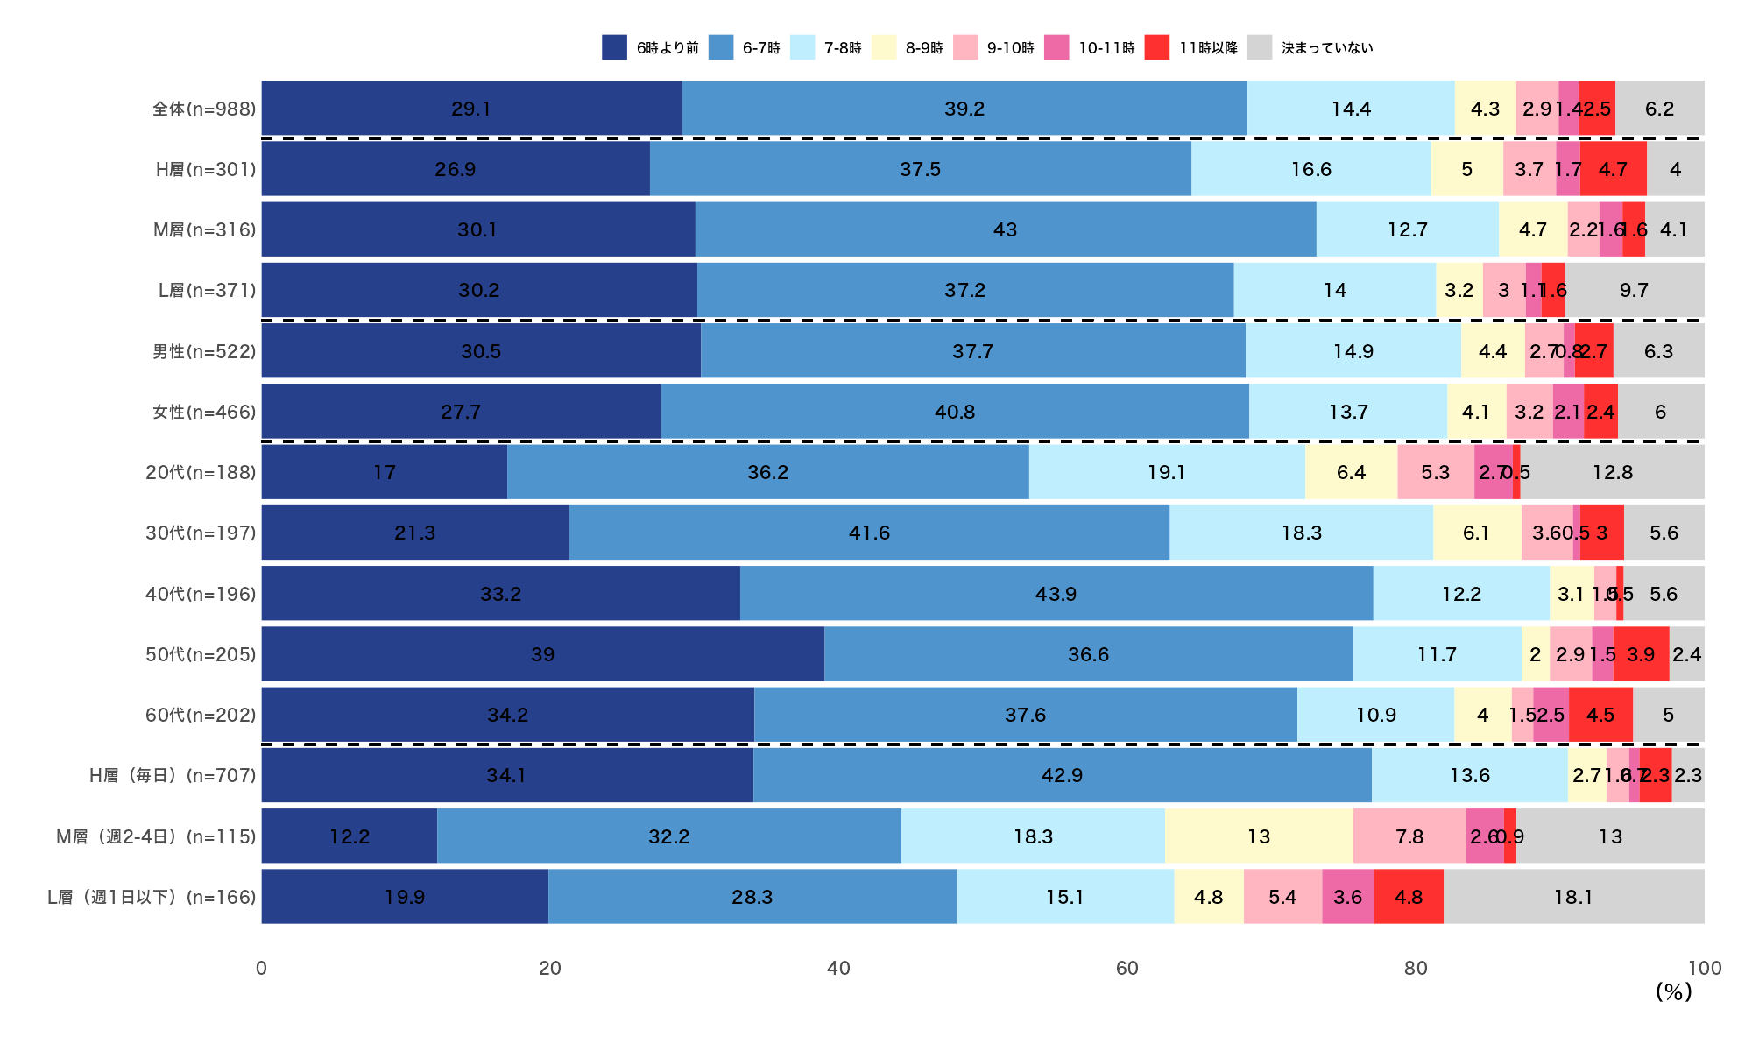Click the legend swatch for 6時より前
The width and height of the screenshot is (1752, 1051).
click(614, 47)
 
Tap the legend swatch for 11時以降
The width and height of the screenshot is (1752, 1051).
click(1156, 47)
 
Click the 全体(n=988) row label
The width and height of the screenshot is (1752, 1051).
click(204, 109)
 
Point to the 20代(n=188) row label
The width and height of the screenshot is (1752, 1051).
click(201, 472)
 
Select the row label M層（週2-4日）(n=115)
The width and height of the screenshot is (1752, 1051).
click(156, 836)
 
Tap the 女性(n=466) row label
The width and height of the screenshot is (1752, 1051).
click(204, 412)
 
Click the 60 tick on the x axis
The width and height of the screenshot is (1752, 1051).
click(1127, 968)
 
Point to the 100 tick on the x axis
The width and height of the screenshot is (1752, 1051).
click(1704, 968)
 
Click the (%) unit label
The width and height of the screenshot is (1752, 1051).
click(1673, 991)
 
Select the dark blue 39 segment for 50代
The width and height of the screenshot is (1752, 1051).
click(542, 654)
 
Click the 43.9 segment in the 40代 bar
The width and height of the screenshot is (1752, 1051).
click(1056, 594)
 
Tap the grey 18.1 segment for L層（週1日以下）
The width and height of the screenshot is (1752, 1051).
click(1573, 897)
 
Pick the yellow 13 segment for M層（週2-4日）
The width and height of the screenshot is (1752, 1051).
click(1259, 836)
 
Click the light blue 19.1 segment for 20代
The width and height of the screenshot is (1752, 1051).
click(1166, 472)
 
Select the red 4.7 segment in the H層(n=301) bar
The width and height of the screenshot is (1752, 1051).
click(1613, 169)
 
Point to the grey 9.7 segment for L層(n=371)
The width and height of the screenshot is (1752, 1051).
click(1634, 290)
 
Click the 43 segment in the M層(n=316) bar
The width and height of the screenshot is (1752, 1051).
click(1005, 229)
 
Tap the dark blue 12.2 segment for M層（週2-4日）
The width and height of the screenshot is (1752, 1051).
click(349, 836)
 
